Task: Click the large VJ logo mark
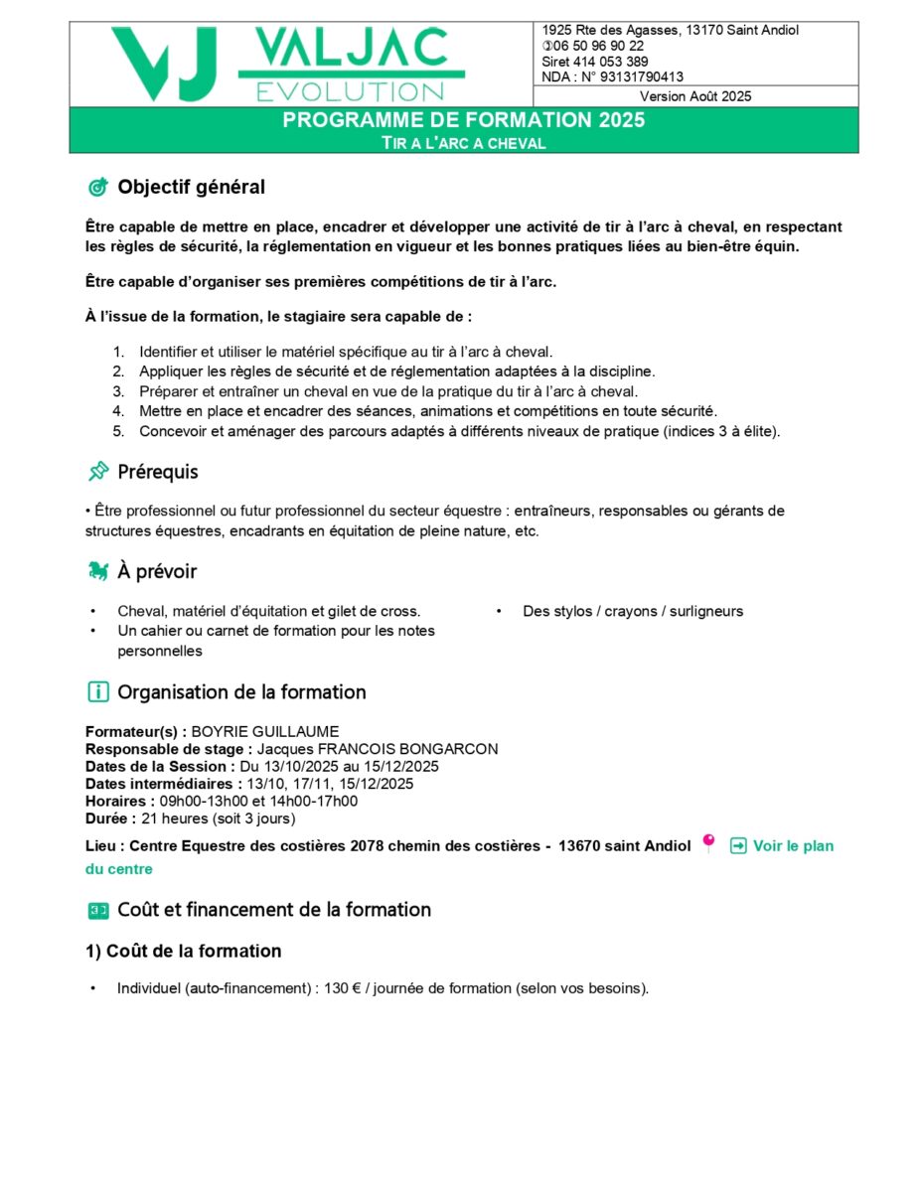tap(165, 64)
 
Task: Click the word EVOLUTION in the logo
tap(350, 92)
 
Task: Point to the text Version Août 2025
tap(695, 96)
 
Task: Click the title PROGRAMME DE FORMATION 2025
tap(463, 120)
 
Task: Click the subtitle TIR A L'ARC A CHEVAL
tap(463, 143)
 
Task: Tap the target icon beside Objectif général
tap(97, 187)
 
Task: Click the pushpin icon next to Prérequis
tap(97, 472)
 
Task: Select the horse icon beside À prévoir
tap(97, 571)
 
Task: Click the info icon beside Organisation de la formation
tap(97, 691)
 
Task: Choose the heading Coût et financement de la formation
tap(274, 909)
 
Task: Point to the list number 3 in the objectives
tap(117, 391)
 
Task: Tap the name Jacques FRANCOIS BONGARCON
tap(378, 749)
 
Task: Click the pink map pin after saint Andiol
tap(708, 843)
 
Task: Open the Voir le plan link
tap(793, 846)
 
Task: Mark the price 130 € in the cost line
tap(342, 988)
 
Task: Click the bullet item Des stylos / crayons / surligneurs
tap(633, 611)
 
